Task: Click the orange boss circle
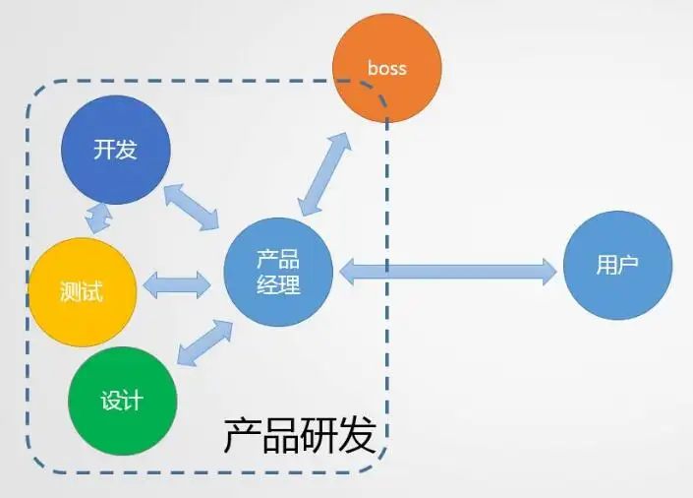(x=387, y=68)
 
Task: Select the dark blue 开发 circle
(x=116, y=150)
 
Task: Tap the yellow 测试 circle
(x=83, y=292)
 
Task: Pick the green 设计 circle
(x=123, y=401)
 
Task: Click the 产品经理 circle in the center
(x=278, y=273)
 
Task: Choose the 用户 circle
(x=618, y=265)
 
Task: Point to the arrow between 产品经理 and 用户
(x=448, y=272)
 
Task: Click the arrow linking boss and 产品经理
(x=324, y=174)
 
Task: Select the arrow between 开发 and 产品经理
(x=192, y=207)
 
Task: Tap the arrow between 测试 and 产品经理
(x=177, y=284)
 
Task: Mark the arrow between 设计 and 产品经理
(x=204, y=342)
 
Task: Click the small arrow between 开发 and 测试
(x=98, y=218)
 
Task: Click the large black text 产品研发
(x=300, y=435)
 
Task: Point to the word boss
(x=387, y=68)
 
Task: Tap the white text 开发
(x=115, y=150)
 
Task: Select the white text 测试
(x=82, y=291)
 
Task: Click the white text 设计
(x=122, y=401)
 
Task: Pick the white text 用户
(x=617, y=265)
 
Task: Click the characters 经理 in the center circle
(x=278, y=284)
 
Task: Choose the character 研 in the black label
(x=319, y=435)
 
